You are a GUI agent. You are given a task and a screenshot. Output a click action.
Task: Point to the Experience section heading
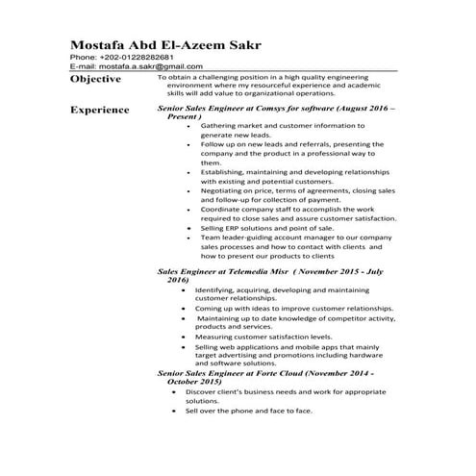[x=100, y=111]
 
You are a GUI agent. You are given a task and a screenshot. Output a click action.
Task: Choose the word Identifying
[x=218, y=289]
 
